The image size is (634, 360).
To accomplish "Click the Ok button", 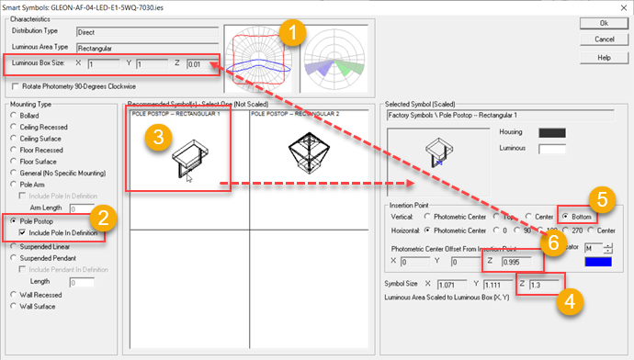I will (x=604, y=23).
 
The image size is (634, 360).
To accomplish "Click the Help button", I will (x=604, y=57).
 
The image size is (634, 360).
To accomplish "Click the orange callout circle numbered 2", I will (x=105, y=218).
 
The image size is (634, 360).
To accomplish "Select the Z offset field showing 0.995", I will (x=510, y=262).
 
